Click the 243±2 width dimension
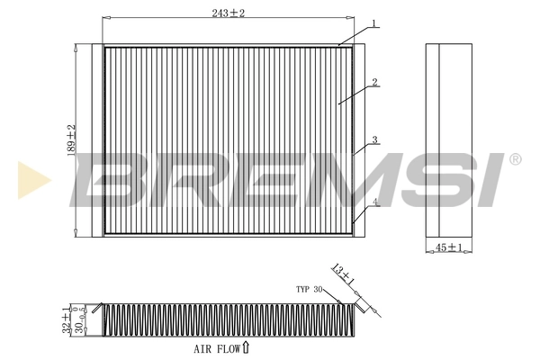[x=229, y=12]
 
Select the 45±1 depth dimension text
[x=447, y=247]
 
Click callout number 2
[x=373, y=82]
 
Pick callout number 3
[x=373, y=140]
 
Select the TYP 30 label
[x=309, y=290]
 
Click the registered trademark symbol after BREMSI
[x=515, y=159]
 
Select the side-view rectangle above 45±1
[x=447, y=139]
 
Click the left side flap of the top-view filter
[x=97, y=139]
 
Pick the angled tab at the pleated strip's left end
[x=98, y=310]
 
